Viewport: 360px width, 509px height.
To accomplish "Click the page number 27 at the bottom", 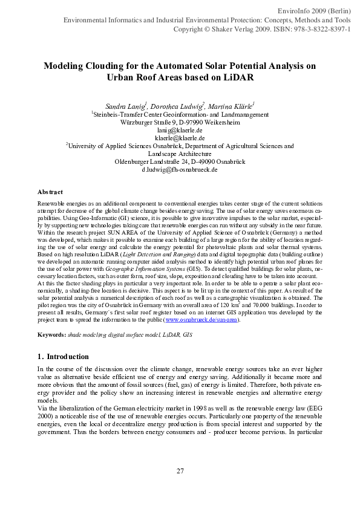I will coord(180,471).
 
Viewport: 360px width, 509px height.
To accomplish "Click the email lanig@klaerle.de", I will coord(180,130).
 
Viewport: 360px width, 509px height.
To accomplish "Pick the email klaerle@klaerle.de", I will coord(180,138).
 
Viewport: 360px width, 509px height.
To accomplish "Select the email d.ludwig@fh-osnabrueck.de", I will coord(180,170).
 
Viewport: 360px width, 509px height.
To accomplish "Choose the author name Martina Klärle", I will coord(232,106).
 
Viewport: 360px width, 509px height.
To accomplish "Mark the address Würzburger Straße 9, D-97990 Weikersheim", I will coord(180,122).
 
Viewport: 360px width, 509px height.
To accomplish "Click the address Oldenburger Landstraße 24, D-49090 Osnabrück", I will coord(180,161).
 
